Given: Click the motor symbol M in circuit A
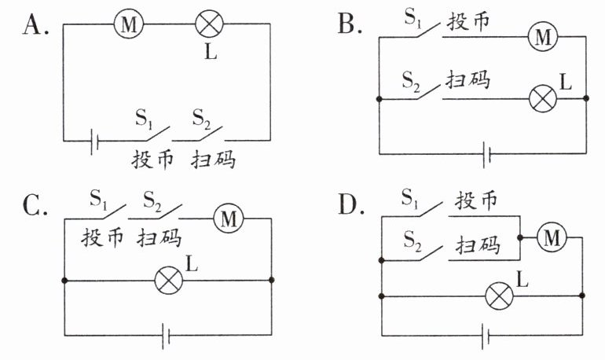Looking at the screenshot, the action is point(129,24).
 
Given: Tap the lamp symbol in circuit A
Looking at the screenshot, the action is point(210,24).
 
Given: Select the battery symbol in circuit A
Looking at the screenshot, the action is point(94,141).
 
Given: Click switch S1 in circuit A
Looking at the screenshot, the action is point(157,133).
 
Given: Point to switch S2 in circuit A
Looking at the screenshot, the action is point(210,133).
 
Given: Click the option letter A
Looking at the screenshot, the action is point(35,25).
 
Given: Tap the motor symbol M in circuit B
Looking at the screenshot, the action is point(543,37).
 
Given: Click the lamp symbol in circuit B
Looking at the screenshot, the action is point(542,98).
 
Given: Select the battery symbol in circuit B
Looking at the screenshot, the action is point(487,154).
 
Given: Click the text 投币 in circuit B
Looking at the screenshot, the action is point(468,21).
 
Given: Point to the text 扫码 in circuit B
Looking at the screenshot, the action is point(468,80).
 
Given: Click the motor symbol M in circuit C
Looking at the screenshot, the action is point(229,219).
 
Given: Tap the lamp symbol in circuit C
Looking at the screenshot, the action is point(169,281).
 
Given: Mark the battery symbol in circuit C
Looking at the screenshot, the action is point(166,336).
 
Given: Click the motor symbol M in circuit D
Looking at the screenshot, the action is point(552,237).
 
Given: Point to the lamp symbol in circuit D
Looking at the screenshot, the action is point(499,296).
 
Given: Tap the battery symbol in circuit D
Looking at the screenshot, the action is point(486,336).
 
